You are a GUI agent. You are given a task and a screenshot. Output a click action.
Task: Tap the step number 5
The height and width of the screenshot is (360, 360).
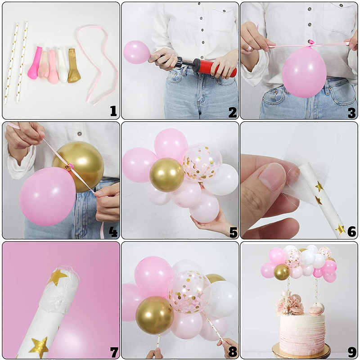click(x=233, y=233)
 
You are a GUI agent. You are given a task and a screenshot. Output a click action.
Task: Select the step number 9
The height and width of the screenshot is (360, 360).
click(x=352, y=351)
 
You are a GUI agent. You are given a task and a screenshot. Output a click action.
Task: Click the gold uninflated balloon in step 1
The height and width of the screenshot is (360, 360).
click(x=74, y=65)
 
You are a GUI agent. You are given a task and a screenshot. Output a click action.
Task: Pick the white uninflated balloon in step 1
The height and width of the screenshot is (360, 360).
click(x=62, y=66)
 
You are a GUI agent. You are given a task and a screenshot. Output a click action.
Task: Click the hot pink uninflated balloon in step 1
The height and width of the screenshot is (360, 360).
click(x=35, y=63)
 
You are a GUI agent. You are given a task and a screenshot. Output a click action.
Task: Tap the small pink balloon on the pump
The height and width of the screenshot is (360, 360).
click(x=137, y=52)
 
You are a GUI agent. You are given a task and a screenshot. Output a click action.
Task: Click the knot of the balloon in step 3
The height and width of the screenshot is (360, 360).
click(x=311, y=43)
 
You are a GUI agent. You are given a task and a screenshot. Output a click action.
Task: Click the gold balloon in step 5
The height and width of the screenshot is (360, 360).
click(x=167, y=175)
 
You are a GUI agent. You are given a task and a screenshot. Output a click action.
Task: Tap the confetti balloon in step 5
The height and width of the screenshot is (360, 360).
click(x=202, y=162)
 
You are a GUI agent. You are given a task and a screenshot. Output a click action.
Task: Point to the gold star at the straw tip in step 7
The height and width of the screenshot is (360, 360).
click(x=57, y=277)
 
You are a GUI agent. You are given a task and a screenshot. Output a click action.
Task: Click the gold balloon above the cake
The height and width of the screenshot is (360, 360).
click(x=282, y=272)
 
